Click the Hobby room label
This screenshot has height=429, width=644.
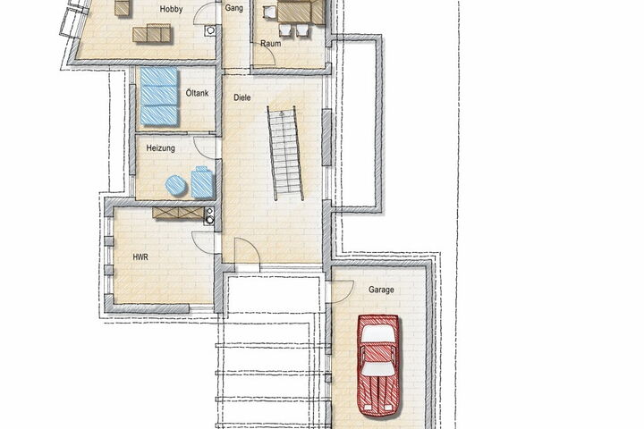[x=171, y=9]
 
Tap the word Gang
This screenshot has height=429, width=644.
[x=233, y=8]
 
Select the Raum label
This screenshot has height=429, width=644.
[x=271, y=43]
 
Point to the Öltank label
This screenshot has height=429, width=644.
[x=197, y=93]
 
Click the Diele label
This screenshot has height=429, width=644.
[x=241, y=97]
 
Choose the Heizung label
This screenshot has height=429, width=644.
[x=161, y=148]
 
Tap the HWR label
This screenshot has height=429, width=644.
[x=140, y=257]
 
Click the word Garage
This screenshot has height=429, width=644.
[x=381, y=290]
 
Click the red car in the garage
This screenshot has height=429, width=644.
[x=378, y=366]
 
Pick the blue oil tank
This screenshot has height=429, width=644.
[x=159, y=96]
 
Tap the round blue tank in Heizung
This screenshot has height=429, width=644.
[x=176, y=185]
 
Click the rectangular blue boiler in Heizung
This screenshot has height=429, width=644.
[x=202, y=182]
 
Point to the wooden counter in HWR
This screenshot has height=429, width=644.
[x=178, y=213]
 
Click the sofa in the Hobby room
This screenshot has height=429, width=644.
[x=151, y=33]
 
